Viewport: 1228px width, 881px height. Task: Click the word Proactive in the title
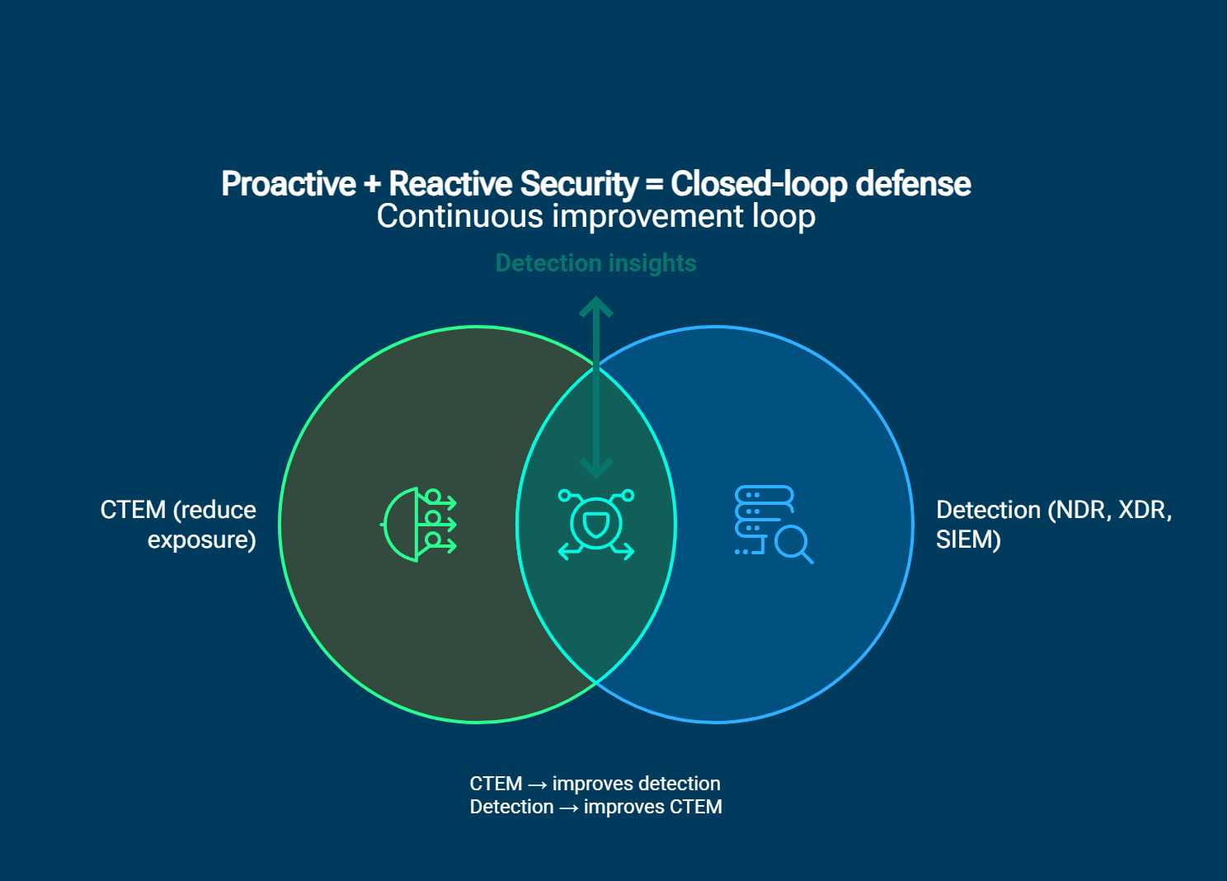(289, 184)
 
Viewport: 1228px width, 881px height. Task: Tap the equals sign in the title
(654, 184)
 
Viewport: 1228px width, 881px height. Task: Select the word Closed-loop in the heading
(758, 184)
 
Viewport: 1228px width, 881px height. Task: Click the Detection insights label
(595, 263)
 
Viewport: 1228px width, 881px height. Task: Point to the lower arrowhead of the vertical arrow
(595, 470)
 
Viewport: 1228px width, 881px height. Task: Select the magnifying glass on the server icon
(794, 544)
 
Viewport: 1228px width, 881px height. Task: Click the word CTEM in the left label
(133, 510)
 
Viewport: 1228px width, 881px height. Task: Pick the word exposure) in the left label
(201, 539)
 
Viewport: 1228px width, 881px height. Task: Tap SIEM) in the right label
(967, 539)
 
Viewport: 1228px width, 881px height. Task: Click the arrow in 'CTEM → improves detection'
(537, 784)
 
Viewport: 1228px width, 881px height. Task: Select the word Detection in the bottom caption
(511, 807)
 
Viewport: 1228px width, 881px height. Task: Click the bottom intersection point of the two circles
(596, 683)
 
